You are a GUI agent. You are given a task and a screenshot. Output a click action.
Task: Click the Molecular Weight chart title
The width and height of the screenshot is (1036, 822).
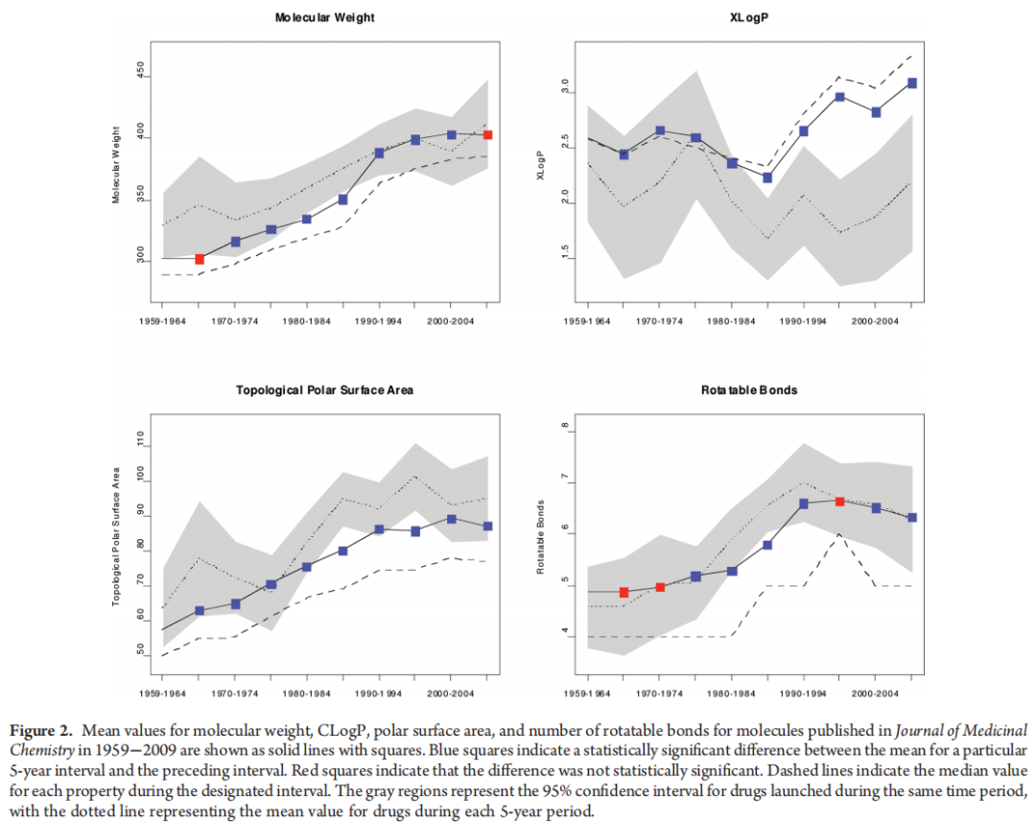(324, 17)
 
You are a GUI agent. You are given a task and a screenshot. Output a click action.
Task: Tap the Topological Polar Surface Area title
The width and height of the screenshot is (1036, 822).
(325, 390)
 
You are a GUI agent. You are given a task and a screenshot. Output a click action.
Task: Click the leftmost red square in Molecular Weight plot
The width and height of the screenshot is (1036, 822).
(200, 259)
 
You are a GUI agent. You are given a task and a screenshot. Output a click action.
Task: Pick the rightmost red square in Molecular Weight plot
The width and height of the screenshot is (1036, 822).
(487, 135)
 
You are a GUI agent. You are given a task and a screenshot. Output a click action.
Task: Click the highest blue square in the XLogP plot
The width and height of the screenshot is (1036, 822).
(911, 83)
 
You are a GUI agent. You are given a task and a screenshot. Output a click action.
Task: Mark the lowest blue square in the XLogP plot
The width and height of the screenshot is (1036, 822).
(767, 177)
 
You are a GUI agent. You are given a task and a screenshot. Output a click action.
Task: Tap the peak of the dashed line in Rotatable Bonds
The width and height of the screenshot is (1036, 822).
(839, 534)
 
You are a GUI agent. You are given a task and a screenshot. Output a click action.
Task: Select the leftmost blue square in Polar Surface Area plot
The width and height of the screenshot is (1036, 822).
(200, 611)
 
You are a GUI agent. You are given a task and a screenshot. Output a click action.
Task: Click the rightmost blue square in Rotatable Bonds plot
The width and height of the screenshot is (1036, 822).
(911, 517)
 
